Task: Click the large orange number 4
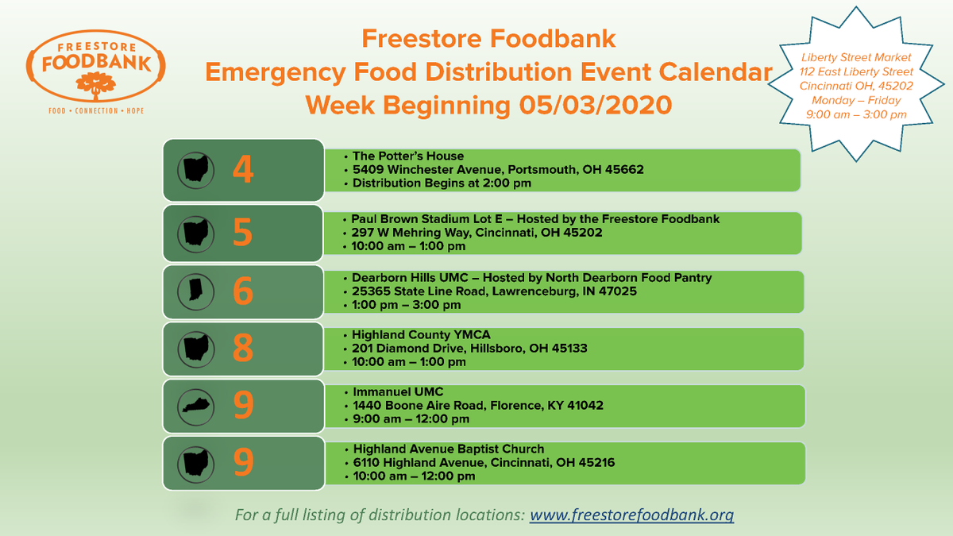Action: tap(243, 169)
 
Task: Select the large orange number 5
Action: tap(243, 233)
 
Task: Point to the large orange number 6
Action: tap(243, 291)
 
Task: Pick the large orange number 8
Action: tap(243, 348)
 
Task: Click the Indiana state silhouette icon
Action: tap(195, 291)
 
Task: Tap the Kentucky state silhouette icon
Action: tap(195, 405)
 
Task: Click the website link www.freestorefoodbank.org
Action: tap(631, 515)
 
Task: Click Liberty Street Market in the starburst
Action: tap(856, 57)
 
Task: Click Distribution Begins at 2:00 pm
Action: tap(442, 183)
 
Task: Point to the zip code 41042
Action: tap(585, 405)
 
